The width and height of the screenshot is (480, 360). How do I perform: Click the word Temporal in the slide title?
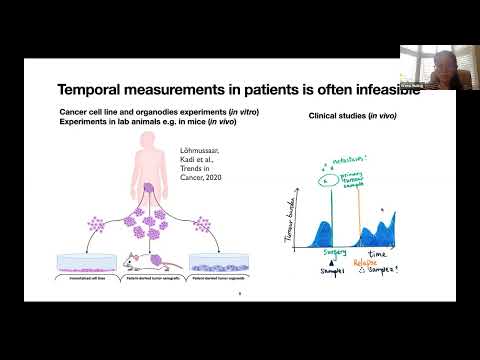[98, 89]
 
